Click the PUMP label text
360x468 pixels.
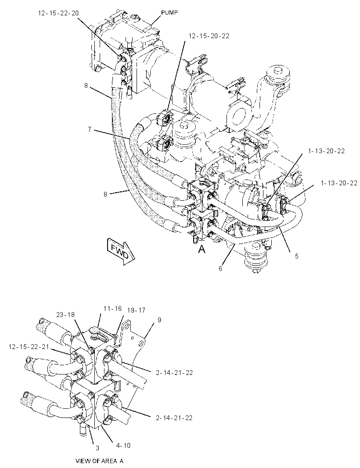pos(169,13)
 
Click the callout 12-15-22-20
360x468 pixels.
pos(58,13)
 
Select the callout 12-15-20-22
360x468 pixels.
pos(209,36)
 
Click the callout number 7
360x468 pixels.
pos(90,130)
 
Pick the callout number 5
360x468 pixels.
pos(296,256)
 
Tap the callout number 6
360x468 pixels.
pos(220,268)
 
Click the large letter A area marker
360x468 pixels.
pos(202,249)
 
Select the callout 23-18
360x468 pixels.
pos(65,315)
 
